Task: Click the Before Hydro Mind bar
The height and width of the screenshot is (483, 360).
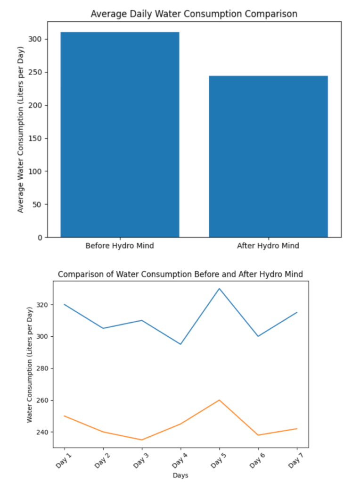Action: click(x=120, y=134)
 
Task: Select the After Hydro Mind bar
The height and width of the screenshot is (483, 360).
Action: click(x=268, y=156)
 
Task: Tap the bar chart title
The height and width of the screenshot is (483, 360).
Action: click(x=194, y=14)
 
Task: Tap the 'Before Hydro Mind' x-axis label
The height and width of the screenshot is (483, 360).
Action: click(x=120, y=246)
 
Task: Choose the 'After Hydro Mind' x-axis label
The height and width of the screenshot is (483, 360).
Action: click(x=268, y=246)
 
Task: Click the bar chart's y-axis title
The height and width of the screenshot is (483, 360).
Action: click(x=20, y=129)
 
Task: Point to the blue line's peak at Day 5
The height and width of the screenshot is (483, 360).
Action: click(x=219, y=289)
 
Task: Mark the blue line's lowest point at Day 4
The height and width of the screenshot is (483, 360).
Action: click(x=180, y=344)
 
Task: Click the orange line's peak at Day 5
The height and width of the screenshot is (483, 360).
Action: click(x=219, y=400)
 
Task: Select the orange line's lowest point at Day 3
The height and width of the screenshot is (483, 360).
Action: click(x=142, y=440)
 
